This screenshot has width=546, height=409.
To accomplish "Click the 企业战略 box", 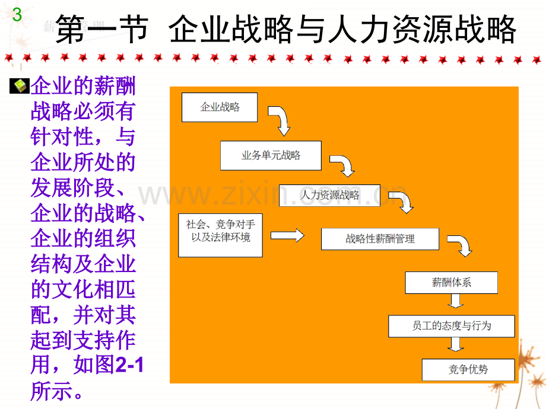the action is [220, 107].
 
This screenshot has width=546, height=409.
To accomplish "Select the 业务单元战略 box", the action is [271, 155].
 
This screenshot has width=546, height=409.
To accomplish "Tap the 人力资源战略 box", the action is [329, 196].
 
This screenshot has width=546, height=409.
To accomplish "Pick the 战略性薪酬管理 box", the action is [380, 239].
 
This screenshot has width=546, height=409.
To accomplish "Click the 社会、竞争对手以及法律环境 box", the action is [220, 235].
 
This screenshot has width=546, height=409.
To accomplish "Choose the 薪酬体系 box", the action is [451, 282].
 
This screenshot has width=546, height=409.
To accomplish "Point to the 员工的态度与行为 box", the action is [451, 326].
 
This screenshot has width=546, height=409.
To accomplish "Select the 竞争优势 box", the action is [468, 369].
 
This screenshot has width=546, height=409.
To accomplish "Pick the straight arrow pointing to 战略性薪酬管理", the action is [287, 235].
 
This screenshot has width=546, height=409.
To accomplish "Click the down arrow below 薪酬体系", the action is [455, 301].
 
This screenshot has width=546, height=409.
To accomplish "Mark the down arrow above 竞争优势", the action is [455, 344].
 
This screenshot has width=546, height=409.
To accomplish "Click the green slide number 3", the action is [17, 15].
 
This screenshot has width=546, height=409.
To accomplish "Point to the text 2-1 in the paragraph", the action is [129, 365].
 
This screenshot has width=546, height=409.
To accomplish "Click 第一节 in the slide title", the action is [101, 29].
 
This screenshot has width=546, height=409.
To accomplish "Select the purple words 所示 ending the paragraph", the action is [52, 391].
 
